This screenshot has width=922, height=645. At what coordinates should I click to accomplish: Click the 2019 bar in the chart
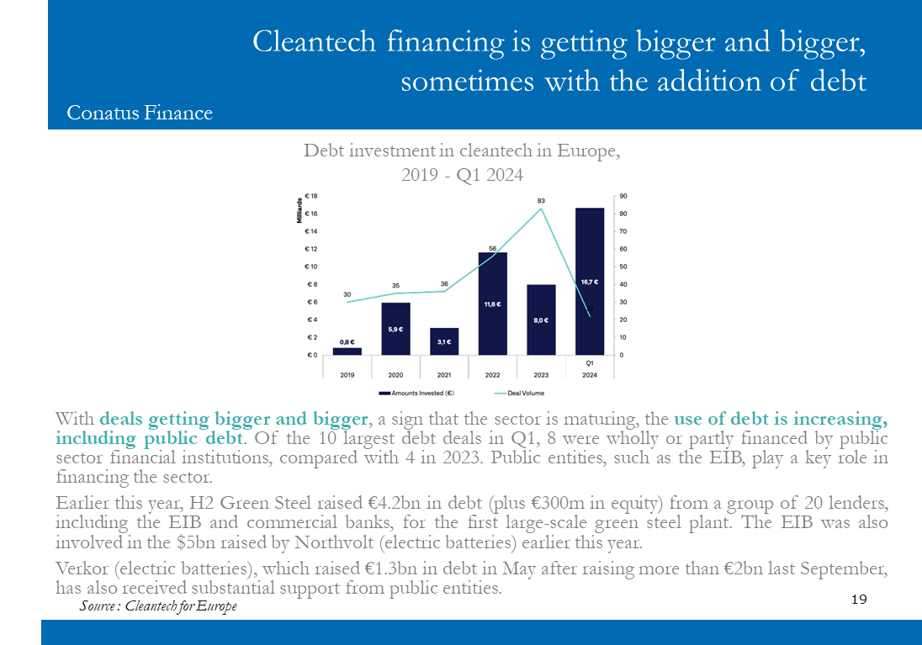pos(347,351)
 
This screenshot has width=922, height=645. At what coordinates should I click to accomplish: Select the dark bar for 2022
pos(493,304)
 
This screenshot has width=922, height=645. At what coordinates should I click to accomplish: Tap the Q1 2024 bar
pos(589,281)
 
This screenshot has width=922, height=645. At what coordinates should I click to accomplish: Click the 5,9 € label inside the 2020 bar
pos(395,330)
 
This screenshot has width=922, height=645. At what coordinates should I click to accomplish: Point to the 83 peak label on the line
pos(541,201)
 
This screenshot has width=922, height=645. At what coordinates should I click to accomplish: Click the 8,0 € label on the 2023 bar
pos(541,320)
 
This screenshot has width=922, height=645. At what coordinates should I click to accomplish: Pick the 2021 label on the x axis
pos(444,375)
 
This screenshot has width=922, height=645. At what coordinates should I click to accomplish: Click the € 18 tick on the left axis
pos(311,196)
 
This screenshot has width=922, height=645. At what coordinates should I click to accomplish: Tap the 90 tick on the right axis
pos(623,197)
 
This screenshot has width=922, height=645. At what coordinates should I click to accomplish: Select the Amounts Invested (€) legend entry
pos(416,394)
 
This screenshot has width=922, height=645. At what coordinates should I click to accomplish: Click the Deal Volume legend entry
pos(519,394)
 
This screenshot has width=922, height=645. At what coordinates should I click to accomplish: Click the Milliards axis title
pos(299,210)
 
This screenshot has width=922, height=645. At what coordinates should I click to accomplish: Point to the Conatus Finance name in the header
pos(140,113)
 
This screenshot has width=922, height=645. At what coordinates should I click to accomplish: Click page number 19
pos(859,599)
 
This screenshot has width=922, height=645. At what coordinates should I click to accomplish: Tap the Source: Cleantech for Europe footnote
pos(158,606)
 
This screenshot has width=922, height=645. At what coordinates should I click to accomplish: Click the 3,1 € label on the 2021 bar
pos(444,342)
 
